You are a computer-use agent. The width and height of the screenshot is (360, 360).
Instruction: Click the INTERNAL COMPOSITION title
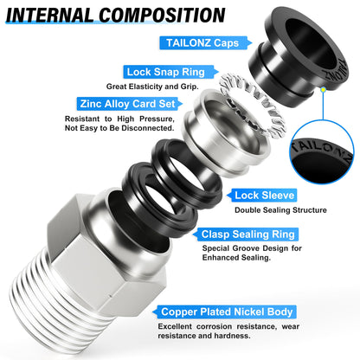click(x=120, y=16)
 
